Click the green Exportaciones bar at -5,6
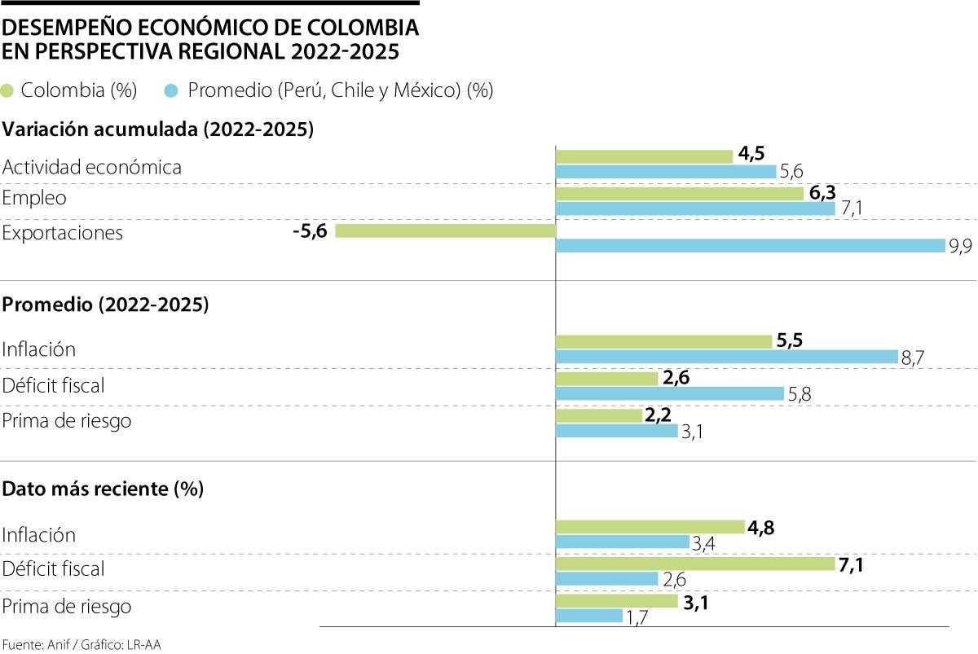coord(445,231)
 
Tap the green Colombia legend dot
coord(8,90)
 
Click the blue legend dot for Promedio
coord(171,90)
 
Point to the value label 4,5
coord(753,155)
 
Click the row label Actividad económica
coord(92,168)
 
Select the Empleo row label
coord(34,198)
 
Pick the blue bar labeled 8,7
coord(726,357)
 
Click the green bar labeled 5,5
coord(663,341)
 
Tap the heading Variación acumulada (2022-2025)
coord(159,129)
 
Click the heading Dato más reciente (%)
coord(104,489)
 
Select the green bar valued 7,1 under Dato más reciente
coord(695,564)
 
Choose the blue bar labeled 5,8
coord(669,394)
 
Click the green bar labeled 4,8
coord(650,527)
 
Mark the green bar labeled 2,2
coord(599,416)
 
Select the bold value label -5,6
coord(310,231)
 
